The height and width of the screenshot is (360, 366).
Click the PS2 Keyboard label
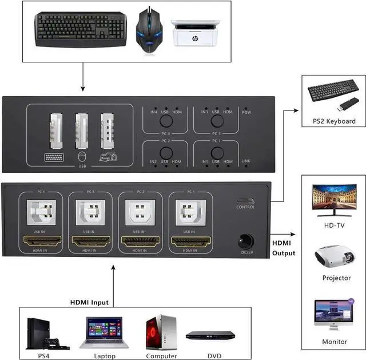pyautogui.click(x=333, y=121)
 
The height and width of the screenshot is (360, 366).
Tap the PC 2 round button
pyautogui.click(x=165, y=153)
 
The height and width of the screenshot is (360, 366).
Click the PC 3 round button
pyautogui.click(x=216, y=121)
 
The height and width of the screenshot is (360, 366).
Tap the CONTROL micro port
pyautogui.click(x=245, y=201)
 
